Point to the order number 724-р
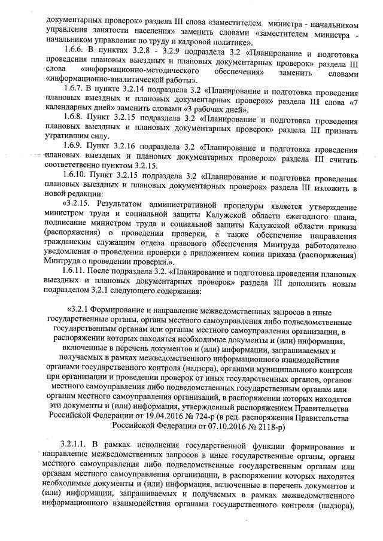[x=196, y=417]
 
